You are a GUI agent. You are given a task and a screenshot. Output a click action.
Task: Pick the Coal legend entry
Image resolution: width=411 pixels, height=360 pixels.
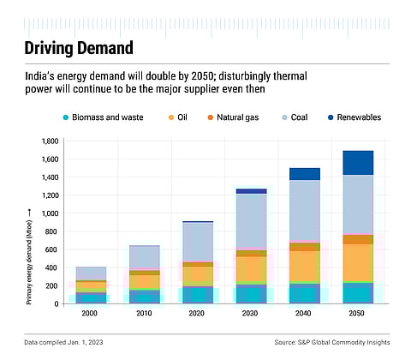[324, 117]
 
